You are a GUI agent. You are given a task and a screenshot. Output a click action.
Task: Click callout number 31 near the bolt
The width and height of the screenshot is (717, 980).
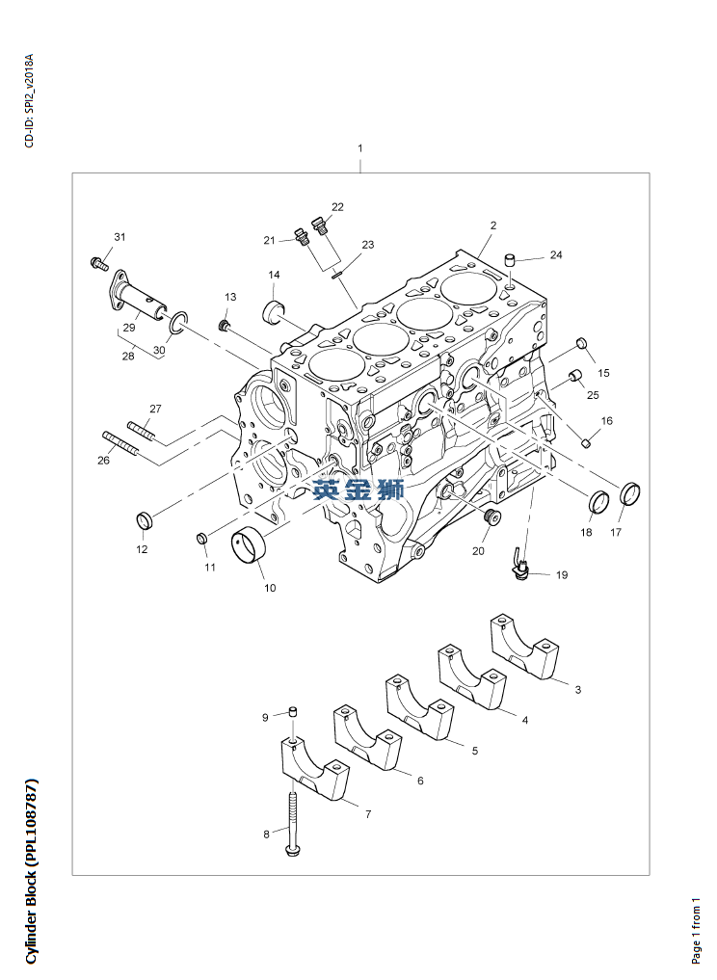click(x=119, y=237)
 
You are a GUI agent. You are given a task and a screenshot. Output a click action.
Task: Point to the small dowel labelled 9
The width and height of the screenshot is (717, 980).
click(x=293, y=713)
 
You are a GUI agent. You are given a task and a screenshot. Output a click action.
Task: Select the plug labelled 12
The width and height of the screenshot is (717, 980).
click(x=146, y=521)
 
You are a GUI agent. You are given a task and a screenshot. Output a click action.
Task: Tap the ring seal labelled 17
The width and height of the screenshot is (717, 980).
click(x=632, y=493)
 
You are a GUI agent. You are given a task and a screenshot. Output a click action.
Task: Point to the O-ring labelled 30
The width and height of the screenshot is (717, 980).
click(x=175, y=325)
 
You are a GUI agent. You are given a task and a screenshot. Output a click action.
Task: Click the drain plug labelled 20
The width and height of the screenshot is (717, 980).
click(x=491, y=520)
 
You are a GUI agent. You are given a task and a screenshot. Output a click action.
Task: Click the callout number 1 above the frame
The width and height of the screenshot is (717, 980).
click(x=359, y=148)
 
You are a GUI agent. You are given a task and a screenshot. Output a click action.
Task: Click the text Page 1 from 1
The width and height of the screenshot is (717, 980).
click(x=697, y=929)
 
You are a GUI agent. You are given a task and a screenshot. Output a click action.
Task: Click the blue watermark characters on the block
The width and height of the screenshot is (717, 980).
click(x=358, y=490)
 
